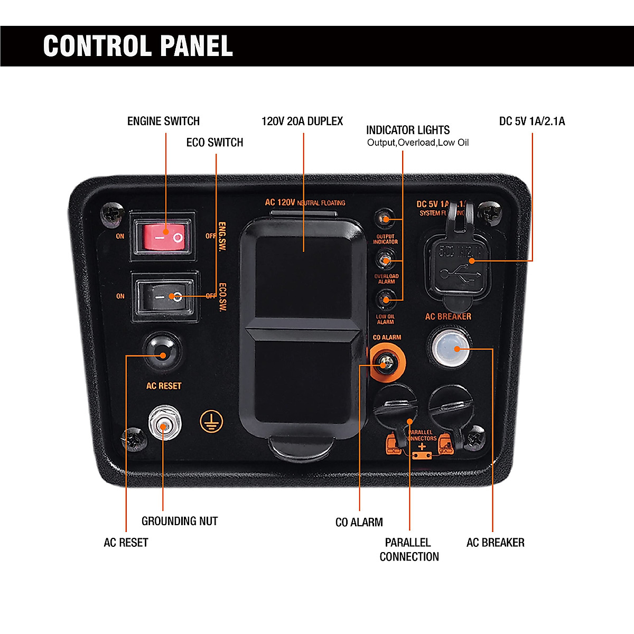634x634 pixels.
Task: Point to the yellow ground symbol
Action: (211, 421)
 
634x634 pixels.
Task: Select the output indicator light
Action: (385, 219)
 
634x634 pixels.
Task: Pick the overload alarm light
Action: (385, 260)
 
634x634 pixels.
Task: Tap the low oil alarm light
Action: (385, 300)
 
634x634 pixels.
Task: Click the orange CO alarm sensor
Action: (387, 362)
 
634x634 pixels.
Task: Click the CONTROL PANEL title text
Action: (138, 46)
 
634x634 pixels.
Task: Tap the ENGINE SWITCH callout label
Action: (163, 121)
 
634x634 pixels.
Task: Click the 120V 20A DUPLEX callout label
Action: (302, 121)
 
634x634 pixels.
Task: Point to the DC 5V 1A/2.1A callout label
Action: (532, 121)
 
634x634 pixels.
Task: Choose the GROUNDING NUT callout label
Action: (180, 521)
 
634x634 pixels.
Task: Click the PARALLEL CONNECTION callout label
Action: (409, 549)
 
